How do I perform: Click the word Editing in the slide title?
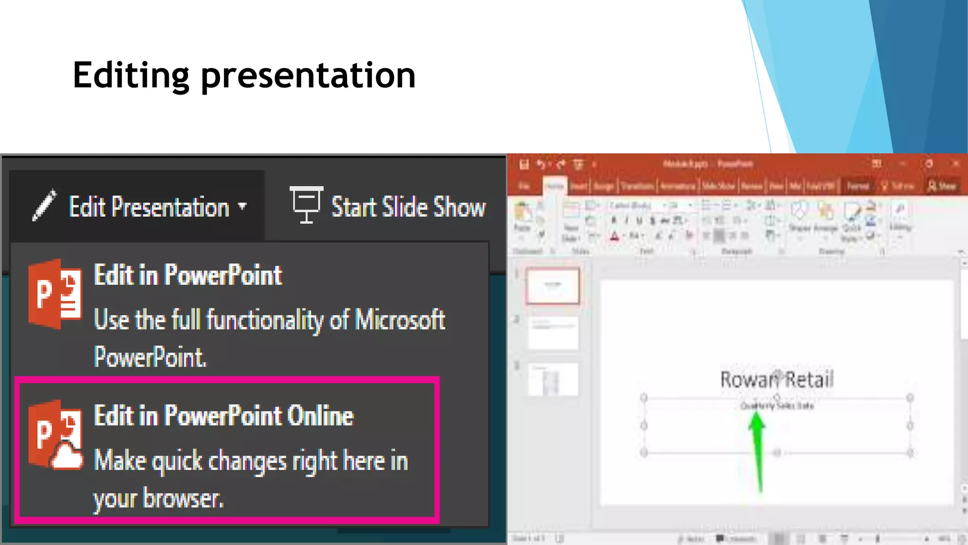131,76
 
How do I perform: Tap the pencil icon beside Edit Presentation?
44,205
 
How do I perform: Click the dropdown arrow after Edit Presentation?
242,206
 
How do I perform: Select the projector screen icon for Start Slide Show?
306,204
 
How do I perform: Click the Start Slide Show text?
408,207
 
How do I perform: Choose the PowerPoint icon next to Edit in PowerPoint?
55,294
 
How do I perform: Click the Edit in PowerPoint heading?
188,275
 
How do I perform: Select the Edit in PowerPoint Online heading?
224,416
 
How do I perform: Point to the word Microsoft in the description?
400,320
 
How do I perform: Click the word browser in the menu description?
183,498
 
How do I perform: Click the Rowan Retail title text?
777,380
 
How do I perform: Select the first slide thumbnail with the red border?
553,286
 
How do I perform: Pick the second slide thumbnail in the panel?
553,333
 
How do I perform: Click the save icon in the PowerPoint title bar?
524,164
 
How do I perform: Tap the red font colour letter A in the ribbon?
614,236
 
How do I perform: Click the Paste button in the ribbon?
522,217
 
